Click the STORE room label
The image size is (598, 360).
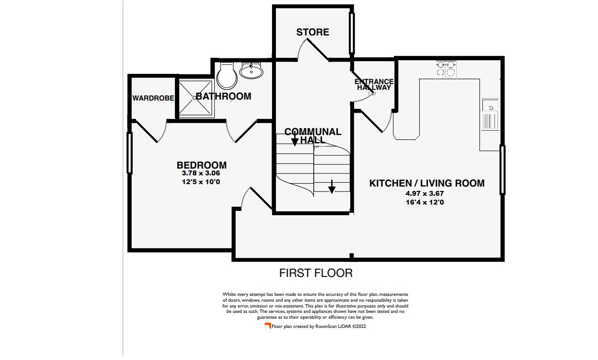[312, 32]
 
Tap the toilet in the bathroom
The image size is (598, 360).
[226, 76]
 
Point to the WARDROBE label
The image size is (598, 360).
[153, 98]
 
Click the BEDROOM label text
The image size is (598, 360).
[201, 165]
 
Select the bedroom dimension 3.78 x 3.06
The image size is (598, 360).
[201, 173]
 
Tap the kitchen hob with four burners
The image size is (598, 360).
[446, 69]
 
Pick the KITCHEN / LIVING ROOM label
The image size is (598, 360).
[427, 183]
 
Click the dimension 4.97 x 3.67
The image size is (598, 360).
[425, 193]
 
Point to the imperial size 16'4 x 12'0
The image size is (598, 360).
[425, 202]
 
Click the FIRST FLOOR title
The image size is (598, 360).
[316, 273]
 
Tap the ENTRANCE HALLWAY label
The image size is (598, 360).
[374, 85]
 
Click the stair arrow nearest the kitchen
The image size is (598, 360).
[331, 187]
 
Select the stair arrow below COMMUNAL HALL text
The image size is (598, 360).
[294, 141]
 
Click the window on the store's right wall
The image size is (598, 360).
[352, 33]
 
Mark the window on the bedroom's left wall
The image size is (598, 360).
[130, 153]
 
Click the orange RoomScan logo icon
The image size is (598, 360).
[267, 326]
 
